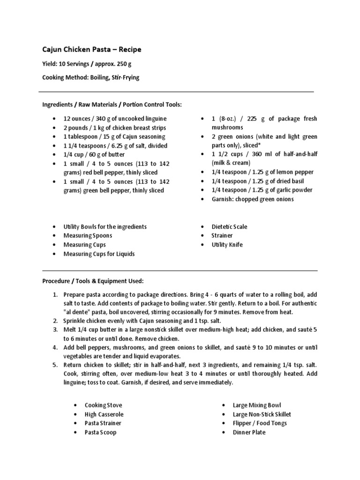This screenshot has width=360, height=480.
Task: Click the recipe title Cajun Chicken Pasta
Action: click(91, 49)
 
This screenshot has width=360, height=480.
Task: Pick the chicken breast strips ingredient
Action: click(115, 127)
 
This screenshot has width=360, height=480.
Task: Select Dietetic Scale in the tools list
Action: click(229, 226)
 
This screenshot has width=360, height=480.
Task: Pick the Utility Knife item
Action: click(227, 245)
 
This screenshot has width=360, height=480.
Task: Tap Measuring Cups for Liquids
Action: click(99, 254)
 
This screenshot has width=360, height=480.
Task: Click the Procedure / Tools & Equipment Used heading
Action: click(93, 281)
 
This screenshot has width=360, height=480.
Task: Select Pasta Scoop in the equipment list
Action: click(100, 432)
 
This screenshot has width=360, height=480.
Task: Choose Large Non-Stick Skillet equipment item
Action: click(262, 414)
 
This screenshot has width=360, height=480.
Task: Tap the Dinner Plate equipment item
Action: click(249, 432)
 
